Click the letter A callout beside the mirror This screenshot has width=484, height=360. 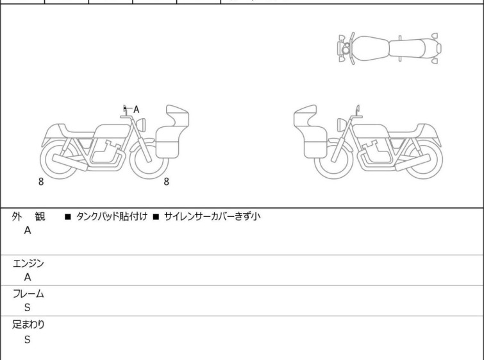tap(136, 109)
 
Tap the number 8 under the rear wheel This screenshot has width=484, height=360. tap(41, 182)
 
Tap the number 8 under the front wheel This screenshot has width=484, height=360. tap(167, 182)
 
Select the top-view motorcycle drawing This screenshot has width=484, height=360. tap(389, 49)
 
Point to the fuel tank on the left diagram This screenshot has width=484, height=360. tap(112, 131)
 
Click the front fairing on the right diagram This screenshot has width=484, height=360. tap(310, 132)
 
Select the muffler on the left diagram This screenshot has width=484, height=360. tap(70, 162)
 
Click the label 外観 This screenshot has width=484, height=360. tap(28, 217)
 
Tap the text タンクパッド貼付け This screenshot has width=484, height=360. tap(112, 216)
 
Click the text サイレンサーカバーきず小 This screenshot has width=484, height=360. tap(212, 216)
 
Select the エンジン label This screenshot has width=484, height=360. tap(28, 264)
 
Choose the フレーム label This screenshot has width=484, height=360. tap(28, 294)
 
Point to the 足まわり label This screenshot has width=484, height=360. tap(28, 325)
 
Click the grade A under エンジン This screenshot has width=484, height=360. tap(28, 277)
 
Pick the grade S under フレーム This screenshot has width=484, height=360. tap(28, 308)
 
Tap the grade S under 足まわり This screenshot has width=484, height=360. tap(28, 339)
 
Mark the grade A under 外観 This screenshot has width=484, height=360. tap(28, 230)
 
